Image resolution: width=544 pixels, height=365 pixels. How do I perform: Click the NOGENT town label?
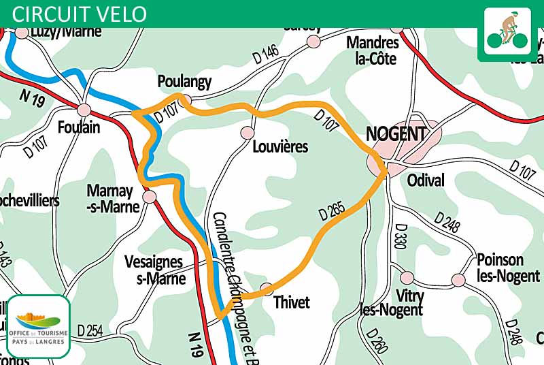tap(396, 134)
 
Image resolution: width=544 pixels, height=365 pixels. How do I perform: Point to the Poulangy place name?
tap(184, 82)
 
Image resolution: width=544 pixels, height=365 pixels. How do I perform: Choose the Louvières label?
tap(279, 147)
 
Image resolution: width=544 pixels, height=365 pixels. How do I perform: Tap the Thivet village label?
tap(291, 302)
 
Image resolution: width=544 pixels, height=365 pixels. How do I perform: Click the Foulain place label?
tap(79, 127)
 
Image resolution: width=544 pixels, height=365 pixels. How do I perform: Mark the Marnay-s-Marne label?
tap(113, 198)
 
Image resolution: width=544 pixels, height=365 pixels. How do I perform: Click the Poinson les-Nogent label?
tap(500, 268)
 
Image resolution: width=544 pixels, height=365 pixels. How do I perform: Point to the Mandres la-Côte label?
tap(371, 50)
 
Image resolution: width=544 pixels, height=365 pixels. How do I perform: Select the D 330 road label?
tap(401, 236)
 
